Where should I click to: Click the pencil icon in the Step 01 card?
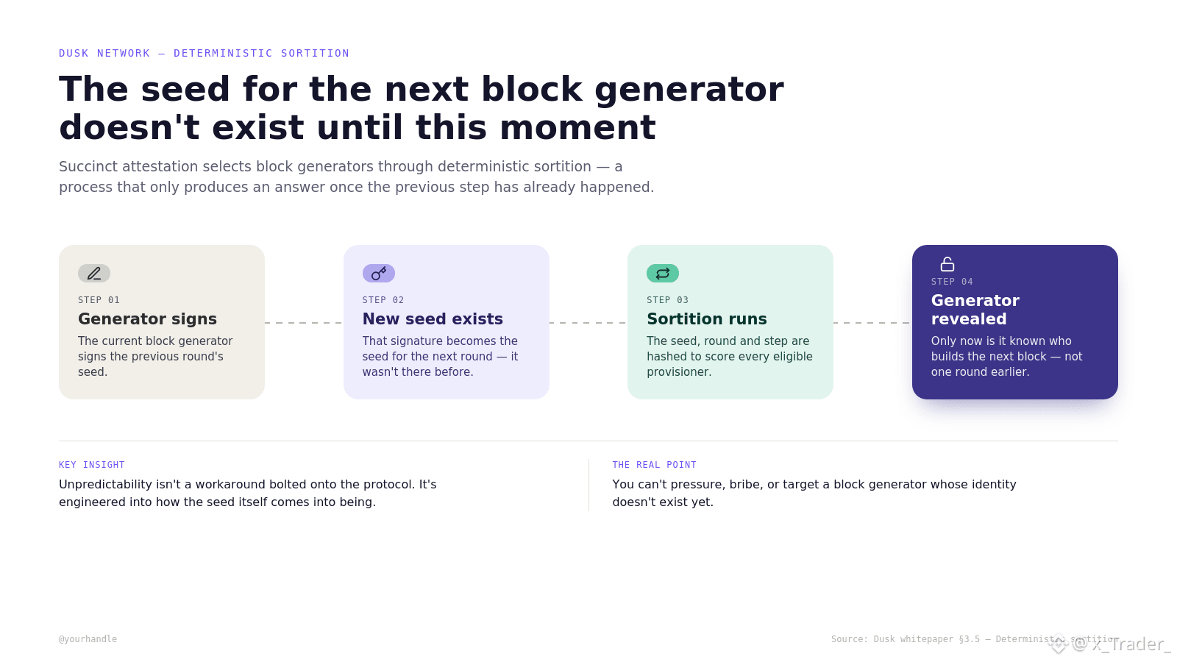(x=94, y=273)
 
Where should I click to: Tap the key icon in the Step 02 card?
(x=378, y=273)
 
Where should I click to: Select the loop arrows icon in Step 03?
(x=663, y=273)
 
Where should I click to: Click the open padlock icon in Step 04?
(x=947, y=264)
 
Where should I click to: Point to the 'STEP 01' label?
(x=99, y=300)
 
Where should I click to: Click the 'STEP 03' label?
(x=667, y=300)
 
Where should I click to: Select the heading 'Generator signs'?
(x=147, y=319)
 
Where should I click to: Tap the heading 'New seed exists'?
(x=433, y=319)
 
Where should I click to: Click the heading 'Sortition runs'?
(x=707, y=319)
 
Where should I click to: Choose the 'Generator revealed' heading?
(x=975, y=310)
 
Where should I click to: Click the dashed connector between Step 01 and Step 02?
(x=304, y=323)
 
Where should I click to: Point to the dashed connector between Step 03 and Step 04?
(x=872, y=323)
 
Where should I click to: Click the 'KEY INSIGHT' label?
(x=91, y=465)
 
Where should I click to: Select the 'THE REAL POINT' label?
(x=654, y=465)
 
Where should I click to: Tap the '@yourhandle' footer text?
(x=88, y=639)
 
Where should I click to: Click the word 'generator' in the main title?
(x=689, y=89)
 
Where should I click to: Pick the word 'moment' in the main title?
(x=577, y=128)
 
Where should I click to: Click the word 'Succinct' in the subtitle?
(x=88, y=166)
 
